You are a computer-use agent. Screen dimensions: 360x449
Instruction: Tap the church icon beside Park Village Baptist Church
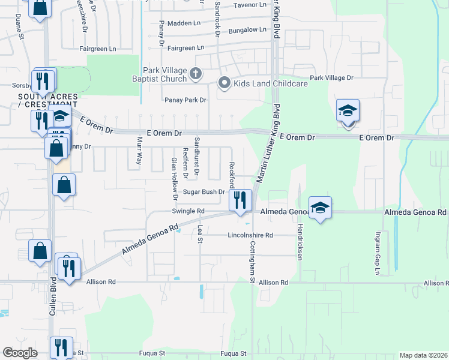tap(194, 74)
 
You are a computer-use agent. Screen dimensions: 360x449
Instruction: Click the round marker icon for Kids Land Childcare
tap(224, 83)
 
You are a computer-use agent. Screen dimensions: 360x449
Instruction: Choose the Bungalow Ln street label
tap(247, 29)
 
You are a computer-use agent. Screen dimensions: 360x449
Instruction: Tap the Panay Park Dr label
tap(186, 100)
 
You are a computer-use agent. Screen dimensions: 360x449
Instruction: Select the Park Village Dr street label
tap(331, 78)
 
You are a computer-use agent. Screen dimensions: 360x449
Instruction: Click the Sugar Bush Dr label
tap(204, 192)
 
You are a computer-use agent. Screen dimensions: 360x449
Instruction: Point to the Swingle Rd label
tap(188, 211)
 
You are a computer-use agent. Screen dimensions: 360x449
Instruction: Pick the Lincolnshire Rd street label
tap(250, 235)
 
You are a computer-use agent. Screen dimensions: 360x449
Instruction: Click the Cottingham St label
tap(253, 262)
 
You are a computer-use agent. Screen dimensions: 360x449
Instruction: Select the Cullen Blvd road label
tap(53, 296)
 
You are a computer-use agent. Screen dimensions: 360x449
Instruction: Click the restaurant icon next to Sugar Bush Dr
tap(240, 200)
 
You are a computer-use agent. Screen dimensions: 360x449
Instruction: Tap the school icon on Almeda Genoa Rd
tap(320, 208)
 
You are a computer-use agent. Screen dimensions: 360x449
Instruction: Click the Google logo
tap(20, 353)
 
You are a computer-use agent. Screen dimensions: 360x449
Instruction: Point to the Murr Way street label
tap(139, 151)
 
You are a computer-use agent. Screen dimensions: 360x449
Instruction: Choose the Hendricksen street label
tap(300, 241)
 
